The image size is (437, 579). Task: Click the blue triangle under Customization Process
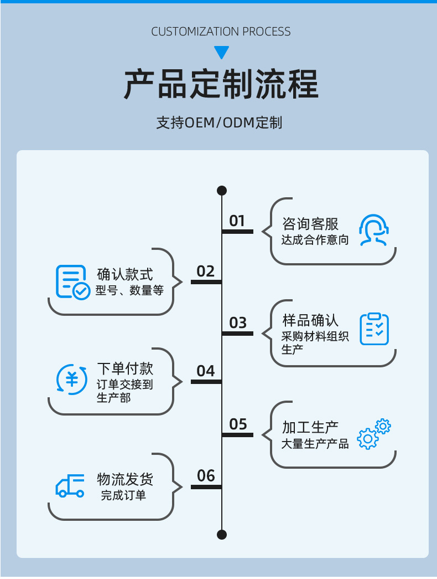pyautogui.click(x=221, y=53)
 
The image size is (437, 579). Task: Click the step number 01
pyautogui.click(x=237, y=221)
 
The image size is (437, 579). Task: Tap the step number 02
pyautogui.click(x=205, y=271)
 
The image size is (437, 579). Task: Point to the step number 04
pyautogui.click(x=205, y=371)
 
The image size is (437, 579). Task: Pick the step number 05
pyautogui.click(x=238, y=424)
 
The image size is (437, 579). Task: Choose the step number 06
pyautogui.click(x=205, y=475)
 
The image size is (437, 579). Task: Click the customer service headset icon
pyautogui.click(x=373, y=230)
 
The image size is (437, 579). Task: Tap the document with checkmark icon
pyautogui.click(x=72, y=282)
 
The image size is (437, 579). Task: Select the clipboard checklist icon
pyautogui.click(x=374, y=329)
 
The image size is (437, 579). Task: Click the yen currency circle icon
pyautogui.click(x=72, y=380)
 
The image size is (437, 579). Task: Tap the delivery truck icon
pyautogui.click(x=70, y=486)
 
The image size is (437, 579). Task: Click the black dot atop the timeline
pyautogui.click(x=222, y=191)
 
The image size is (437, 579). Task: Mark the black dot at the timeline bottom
pyautogui.click(x=222, y=534)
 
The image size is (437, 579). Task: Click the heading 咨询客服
pyautogui.click(x=310, y=224)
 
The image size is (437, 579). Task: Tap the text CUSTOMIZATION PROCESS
pyautogui.click(x=221, y=32)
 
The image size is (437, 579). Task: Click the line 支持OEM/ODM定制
pyautogui.click(x=219, y=122)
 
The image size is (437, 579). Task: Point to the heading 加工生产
pyautogui.click(x=310, y=427)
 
